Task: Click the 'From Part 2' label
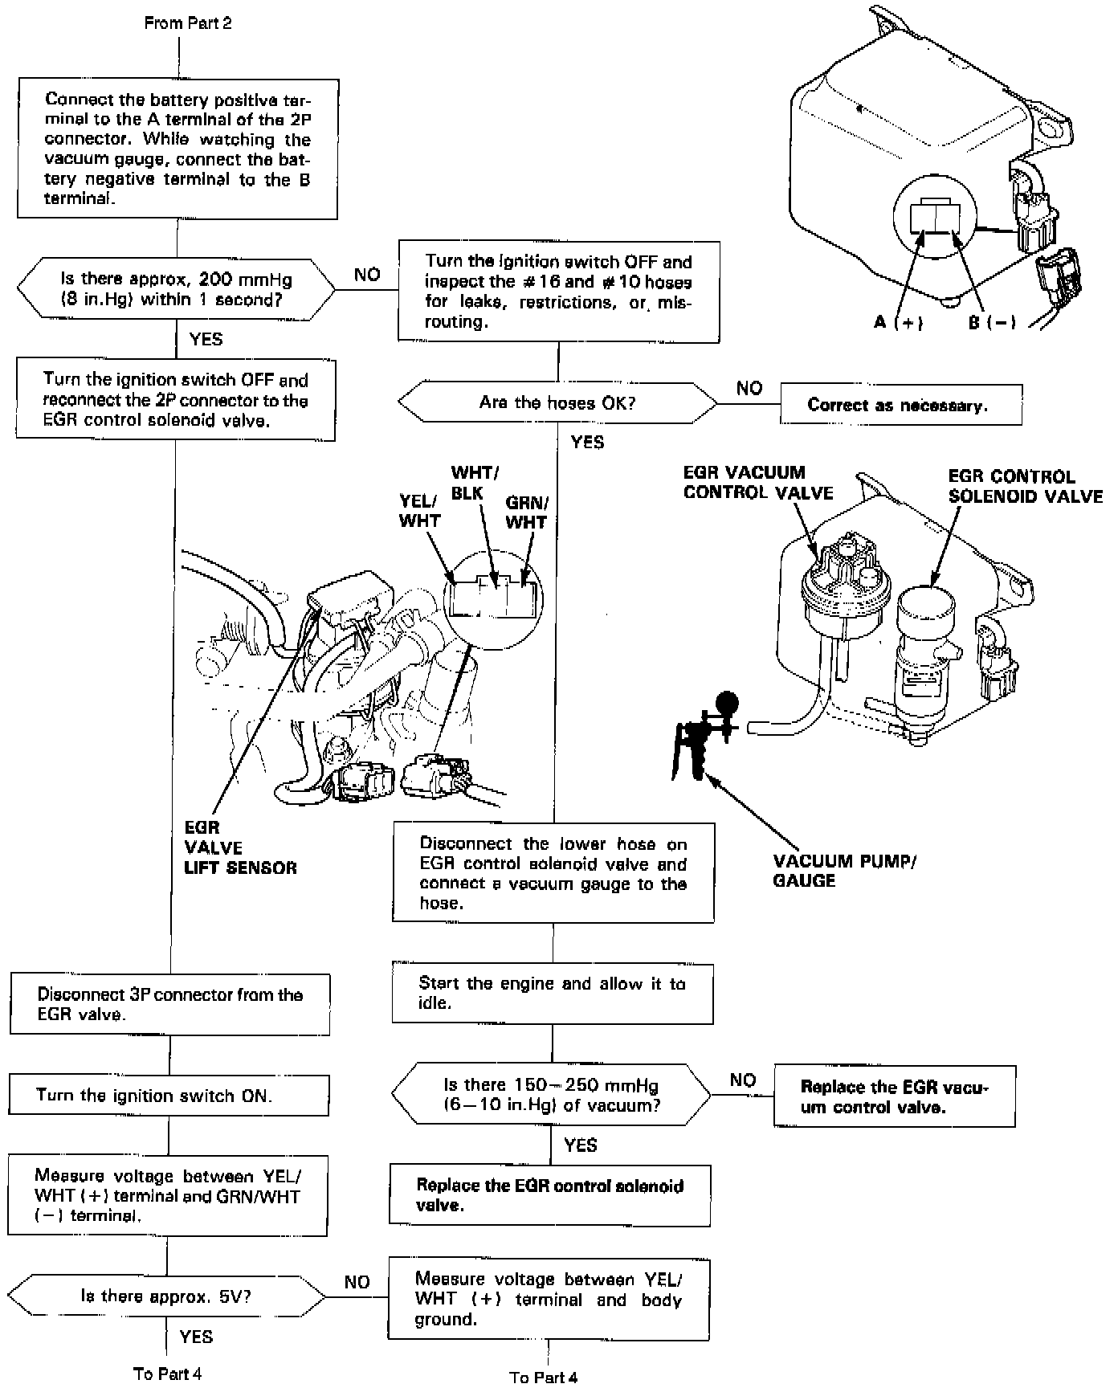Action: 188,23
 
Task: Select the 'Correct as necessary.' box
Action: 900,405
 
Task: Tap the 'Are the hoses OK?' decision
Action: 557,402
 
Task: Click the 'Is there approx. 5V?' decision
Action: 166,1296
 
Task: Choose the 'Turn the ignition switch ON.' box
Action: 169,1096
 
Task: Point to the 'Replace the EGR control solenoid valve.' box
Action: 550,1195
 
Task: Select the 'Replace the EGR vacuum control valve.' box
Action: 895,1096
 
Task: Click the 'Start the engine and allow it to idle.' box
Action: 553,993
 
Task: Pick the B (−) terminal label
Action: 992,322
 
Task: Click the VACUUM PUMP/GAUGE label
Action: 844,871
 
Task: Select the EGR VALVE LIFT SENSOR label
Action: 240,847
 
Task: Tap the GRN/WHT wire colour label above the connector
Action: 527,512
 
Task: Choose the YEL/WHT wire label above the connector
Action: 420,511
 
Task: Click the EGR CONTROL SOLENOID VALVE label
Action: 1026,486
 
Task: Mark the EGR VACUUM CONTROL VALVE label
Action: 757,482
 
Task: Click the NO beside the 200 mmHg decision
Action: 367,275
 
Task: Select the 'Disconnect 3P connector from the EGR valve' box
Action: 170,1004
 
